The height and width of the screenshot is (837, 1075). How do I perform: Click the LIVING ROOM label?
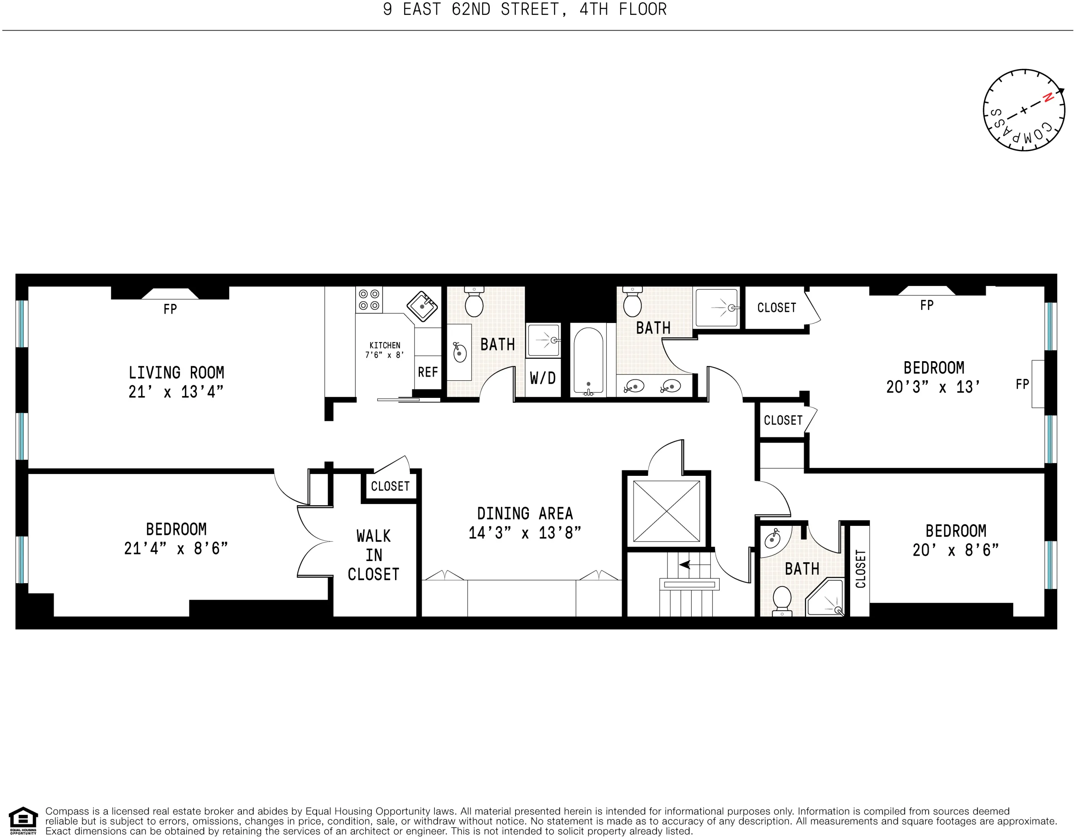pyautogui.click(x=176, y=373)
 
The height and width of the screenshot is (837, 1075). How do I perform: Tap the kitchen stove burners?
pyautogui.click(x=369, y=300)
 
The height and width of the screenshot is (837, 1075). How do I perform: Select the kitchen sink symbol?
pyautogui.click(x=422, y=307)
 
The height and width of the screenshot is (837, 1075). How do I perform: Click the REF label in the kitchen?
pyautogui.click(x=428, y=372)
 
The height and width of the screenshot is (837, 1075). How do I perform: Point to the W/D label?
pyautogui.click(x=543, y=378)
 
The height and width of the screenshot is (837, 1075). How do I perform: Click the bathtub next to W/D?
pyautogui.click(x=588, y=360)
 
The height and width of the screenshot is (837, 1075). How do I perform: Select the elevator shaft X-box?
pyautogui.click(x=667, y=511)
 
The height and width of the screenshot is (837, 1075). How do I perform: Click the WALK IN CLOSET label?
pyautogui.click(x=374, y=555)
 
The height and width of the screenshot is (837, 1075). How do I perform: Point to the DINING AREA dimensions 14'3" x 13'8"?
pyautogui.click(x=525, y=533)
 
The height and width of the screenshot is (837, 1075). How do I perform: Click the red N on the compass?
pyautogui.click(x=1047, y=98)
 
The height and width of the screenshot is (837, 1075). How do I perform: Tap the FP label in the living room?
pyautogui.click(x=170, y=309)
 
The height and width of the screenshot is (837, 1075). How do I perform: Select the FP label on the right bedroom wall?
pyautogui.click(x=1022, y=384)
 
